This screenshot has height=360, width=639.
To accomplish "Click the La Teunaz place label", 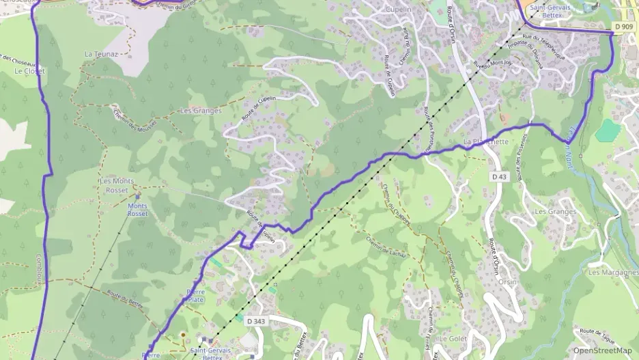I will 101,53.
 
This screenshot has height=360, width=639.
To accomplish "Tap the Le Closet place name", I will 29,71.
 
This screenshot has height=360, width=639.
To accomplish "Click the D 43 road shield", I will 500,176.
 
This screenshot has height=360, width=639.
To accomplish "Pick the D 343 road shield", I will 255,320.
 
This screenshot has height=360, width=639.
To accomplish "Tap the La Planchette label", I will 486,142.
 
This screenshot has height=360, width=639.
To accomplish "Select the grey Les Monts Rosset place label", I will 117,185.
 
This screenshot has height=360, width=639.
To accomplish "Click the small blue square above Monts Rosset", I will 138,196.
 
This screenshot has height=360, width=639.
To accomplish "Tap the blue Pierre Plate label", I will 195,296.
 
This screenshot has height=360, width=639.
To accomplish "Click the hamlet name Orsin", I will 507,281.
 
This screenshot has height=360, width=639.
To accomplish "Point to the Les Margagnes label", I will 613,272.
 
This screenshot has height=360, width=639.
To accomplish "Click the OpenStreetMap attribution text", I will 602,350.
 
